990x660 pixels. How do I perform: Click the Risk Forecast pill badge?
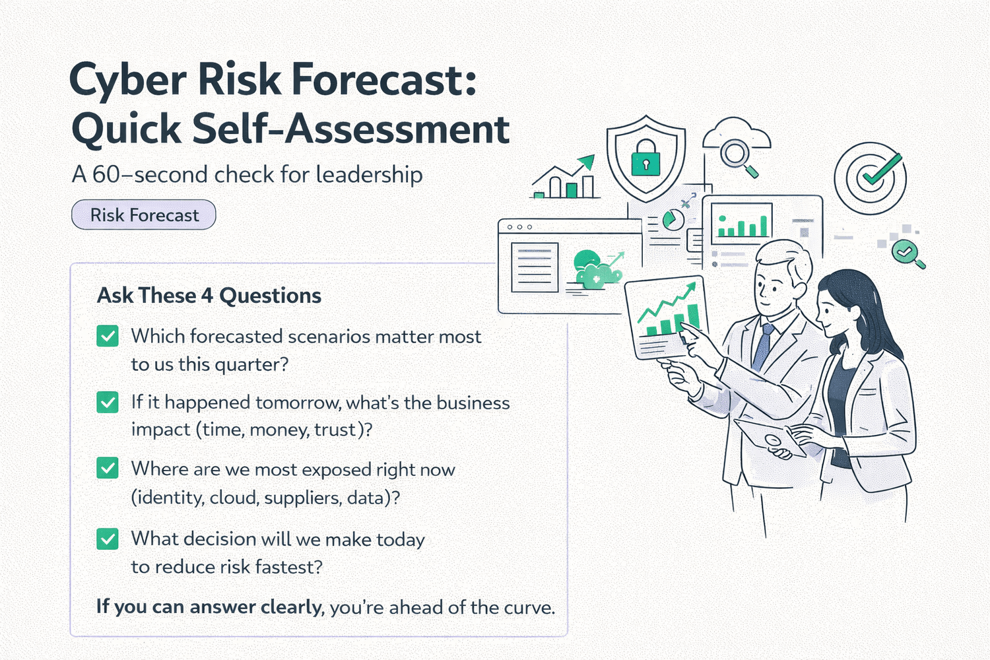point(144,215)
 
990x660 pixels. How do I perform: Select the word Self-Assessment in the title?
point(351,129)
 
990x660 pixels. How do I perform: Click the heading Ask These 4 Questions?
point(209,295)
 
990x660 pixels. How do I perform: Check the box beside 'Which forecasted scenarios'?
point(108,336)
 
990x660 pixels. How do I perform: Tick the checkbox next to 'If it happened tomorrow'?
point(108,403)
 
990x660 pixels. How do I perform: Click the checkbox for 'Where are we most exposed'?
point(108,468)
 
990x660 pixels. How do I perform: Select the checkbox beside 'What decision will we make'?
point(108,539)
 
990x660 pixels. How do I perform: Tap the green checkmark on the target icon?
point(882,170)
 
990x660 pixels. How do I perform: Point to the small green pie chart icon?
point(673,220)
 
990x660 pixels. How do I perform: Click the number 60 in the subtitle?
point(106,175)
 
